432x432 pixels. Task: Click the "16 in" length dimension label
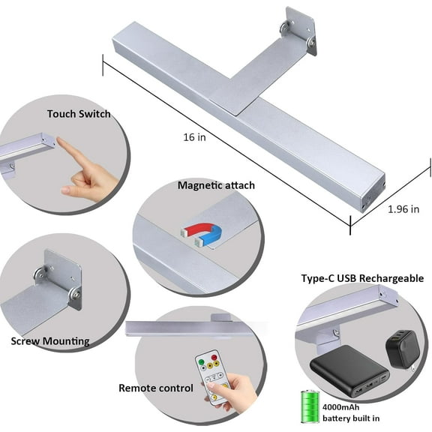coord(194,137)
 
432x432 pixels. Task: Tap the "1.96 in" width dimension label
coord(403,209)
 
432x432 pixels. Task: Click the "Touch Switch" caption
coord(79,114)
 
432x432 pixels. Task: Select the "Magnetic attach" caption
coord(216,185)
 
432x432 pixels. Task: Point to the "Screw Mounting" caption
coord(50,341)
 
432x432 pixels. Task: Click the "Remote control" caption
coord(156,388)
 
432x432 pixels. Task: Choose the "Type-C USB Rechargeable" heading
coord(362,278)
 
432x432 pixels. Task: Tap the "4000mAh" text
coord(340,407)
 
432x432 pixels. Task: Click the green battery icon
coord(310,406)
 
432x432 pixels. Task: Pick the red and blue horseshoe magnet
coord(202,233)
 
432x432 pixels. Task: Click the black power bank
coord(349,370)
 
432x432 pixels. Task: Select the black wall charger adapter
coord(403,349)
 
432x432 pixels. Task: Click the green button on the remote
coord(201,361)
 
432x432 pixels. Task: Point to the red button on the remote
coord(214,358)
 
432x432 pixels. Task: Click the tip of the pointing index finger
coord(58,139)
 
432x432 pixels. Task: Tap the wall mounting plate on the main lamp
coord(300,30)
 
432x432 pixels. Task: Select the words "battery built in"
coord(351,418)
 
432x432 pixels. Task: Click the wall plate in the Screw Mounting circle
coord(63,278)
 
